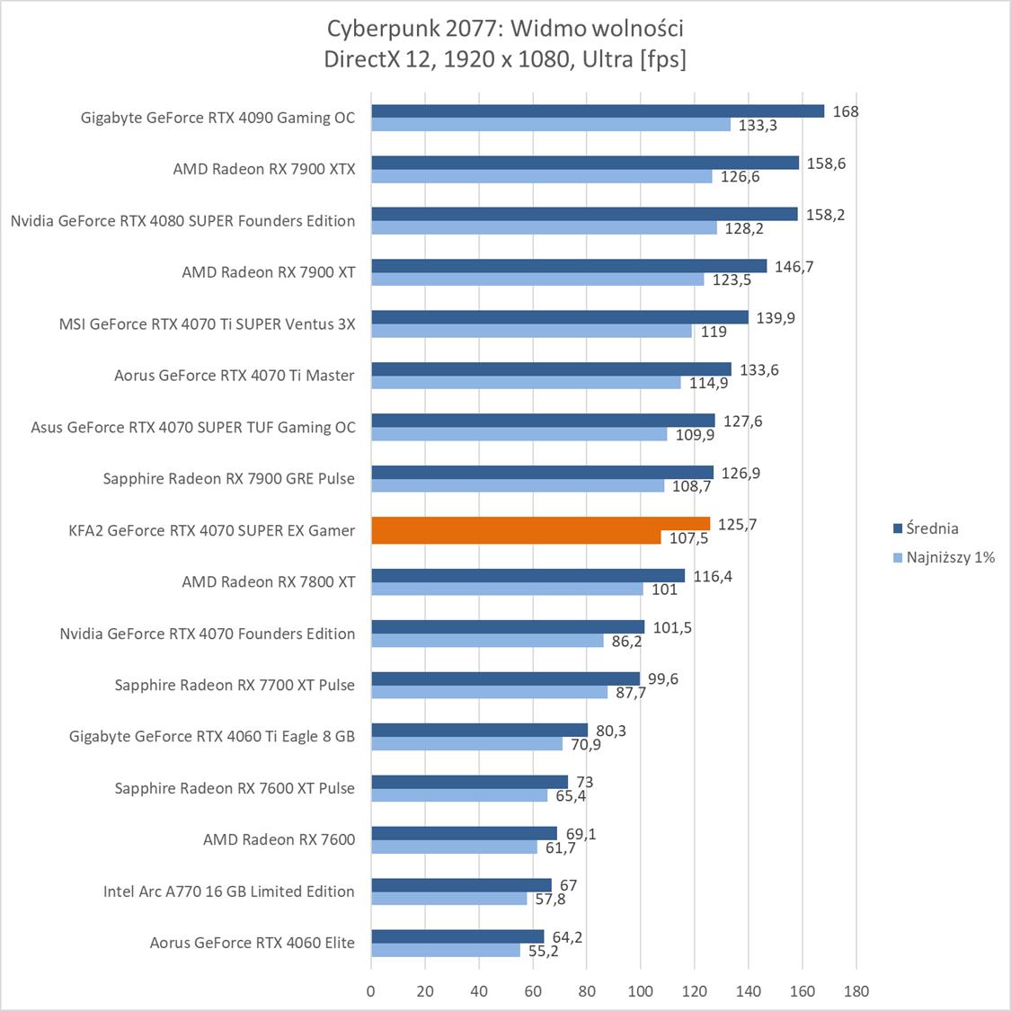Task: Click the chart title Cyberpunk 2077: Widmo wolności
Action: tap(505, 29)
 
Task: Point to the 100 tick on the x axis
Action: tap(641, 991)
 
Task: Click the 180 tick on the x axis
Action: tap(856, 991)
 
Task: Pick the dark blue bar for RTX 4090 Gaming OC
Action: tap(598, 111)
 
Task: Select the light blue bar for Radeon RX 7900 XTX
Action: tap(541, 176)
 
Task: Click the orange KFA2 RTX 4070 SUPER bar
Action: tap(539, 530)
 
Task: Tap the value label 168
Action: tap(846, 111)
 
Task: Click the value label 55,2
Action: tap(542, 951)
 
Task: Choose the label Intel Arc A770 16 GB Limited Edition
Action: tap(229, 891)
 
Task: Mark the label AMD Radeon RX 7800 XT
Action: tap(268, 582)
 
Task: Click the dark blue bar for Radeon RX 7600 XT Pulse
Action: tap(469, 782)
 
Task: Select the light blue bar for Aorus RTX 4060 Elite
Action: tap(446, 950)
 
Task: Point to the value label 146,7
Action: tap(794, 266)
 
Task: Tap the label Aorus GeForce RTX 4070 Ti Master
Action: tap(235, 376)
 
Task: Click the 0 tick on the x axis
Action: tap(371, 991)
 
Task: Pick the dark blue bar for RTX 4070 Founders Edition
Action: tap(508, 627)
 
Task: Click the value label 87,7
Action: tap(627, 693)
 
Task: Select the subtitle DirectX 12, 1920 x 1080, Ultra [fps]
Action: tap(505, 59)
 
